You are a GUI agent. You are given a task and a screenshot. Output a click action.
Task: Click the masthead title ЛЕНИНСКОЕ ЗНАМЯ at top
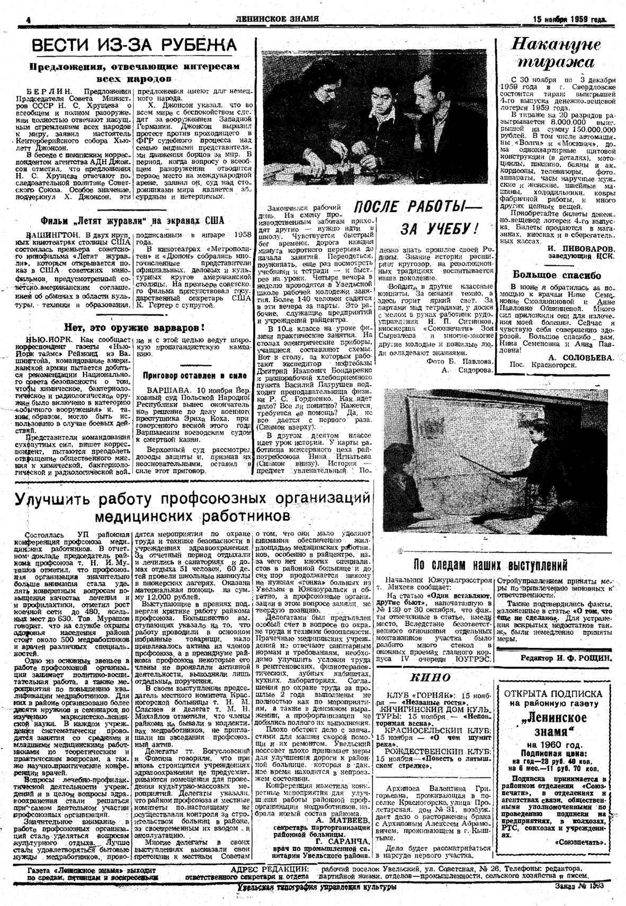278,20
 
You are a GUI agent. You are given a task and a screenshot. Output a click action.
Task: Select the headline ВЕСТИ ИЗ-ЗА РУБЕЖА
133,46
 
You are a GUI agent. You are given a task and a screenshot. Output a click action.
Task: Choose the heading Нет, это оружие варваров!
134,327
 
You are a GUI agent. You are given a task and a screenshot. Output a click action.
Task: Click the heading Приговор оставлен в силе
195,375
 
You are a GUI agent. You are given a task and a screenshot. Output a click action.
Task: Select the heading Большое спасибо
557,275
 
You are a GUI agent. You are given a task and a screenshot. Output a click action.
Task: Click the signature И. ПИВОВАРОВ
581,248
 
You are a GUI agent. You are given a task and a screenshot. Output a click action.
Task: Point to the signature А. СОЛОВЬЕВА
581,357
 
